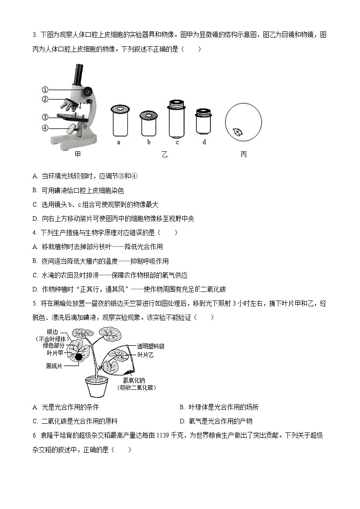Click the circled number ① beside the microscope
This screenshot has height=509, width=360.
(x=45, y=90)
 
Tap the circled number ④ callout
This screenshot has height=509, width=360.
(x=45, y=128)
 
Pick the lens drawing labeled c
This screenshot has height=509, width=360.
(x=177, y=119)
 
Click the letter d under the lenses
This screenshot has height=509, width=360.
(x=204, y=142)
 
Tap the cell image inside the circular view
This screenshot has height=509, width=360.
(x=237, y=132)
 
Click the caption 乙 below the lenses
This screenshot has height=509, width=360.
(x=164, y=155)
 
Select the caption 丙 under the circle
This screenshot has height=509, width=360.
(x=243, y=155)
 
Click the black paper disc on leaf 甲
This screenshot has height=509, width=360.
(x=79, y=357)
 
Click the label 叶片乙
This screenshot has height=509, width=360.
(x=146, y=355)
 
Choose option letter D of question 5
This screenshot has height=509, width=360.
(x=182, y=421)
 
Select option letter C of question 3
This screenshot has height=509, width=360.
(x=35, y=204)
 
